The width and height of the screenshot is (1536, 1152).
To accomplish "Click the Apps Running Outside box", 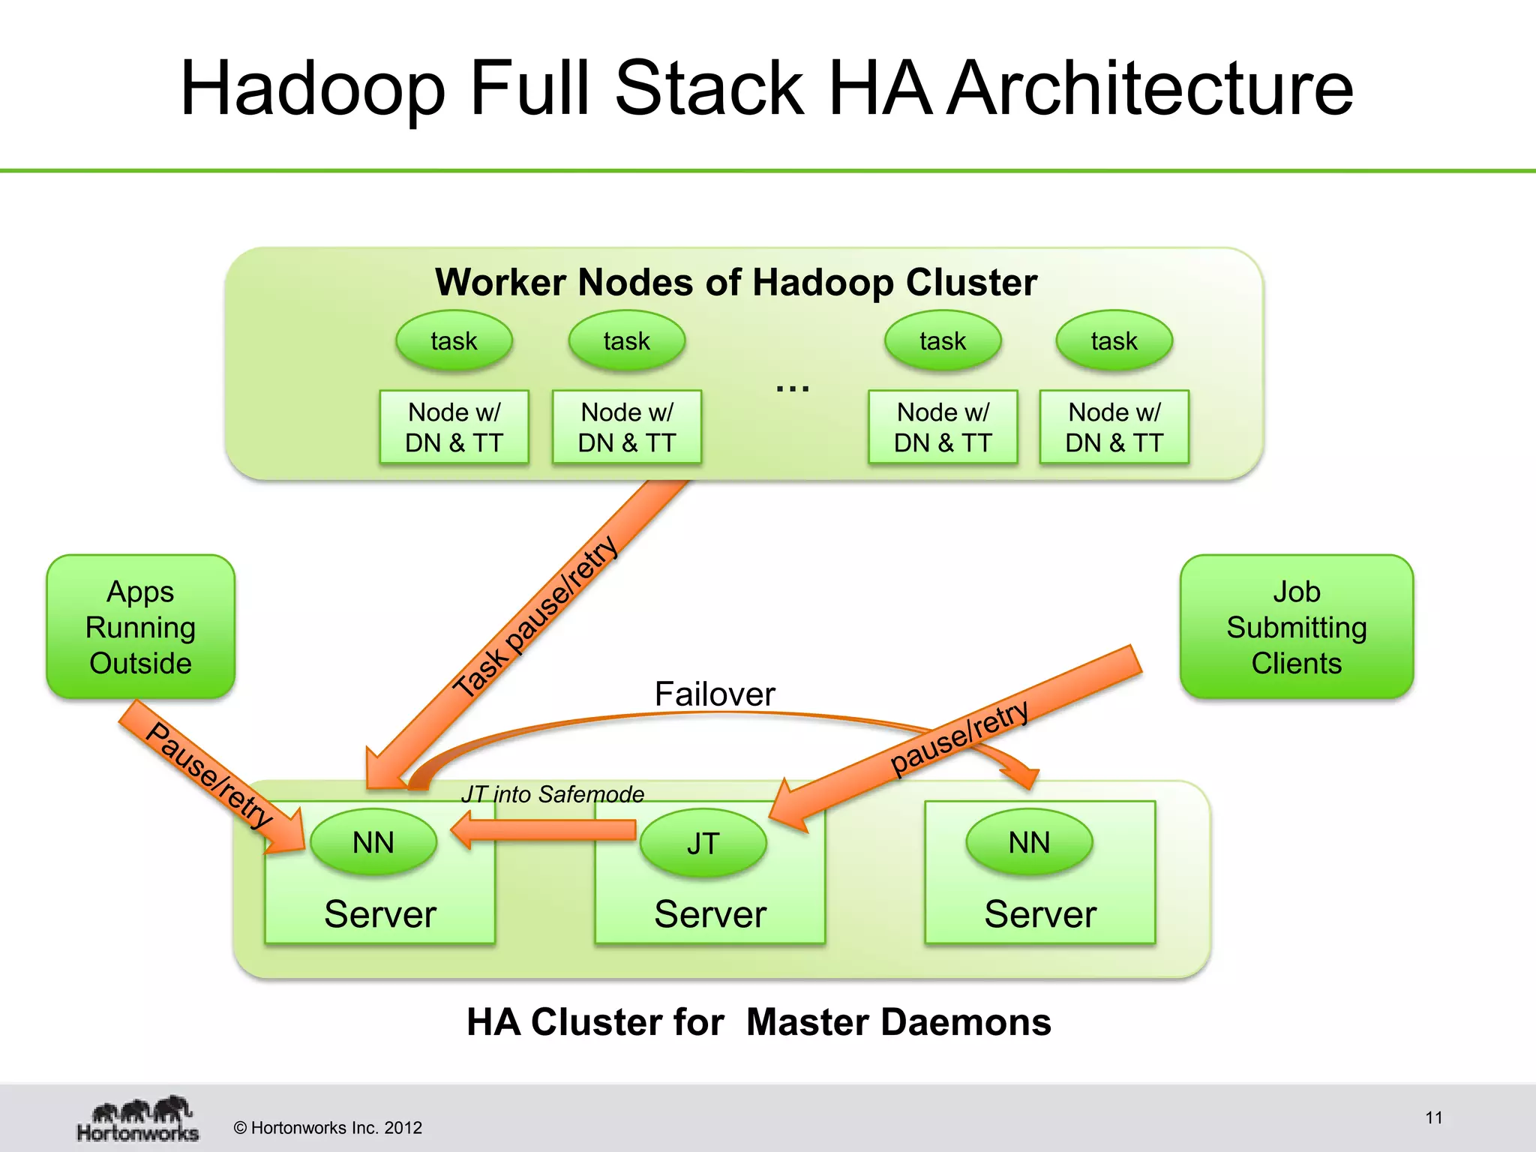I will pos(140,627).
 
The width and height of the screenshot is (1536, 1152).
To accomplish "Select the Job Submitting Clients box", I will pos(1296,627).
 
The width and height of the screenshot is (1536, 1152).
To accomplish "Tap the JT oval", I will pos(703,843).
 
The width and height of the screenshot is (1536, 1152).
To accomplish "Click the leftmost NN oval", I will pos(373,842).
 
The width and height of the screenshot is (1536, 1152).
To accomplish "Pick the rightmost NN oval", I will pos(1029,842).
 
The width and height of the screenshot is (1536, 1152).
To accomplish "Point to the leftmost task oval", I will pos(454,341).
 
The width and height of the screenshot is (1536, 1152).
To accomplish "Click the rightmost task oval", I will pos(1114,341).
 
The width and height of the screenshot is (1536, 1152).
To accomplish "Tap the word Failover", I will pos(714,694).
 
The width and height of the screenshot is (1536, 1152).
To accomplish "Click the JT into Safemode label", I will pos(553,794).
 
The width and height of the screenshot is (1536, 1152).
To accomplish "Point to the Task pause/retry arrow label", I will pos(536,616).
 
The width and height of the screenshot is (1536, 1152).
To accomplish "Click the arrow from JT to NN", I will pos(544,830).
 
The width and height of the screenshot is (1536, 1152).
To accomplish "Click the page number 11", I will pos(1433,1117).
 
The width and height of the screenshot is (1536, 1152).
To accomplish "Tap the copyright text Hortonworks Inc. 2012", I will pos(328,1128).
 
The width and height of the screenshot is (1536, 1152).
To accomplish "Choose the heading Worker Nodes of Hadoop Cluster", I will pos(736,283).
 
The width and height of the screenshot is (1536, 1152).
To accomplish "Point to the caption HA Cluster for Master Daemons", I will pos(758,1022).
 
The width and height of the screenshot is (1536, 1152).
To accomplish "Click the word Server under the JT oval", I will pos(709,914).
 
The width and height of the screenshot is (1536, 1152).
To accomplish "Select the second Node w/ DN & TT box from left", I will pos(627,427).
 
